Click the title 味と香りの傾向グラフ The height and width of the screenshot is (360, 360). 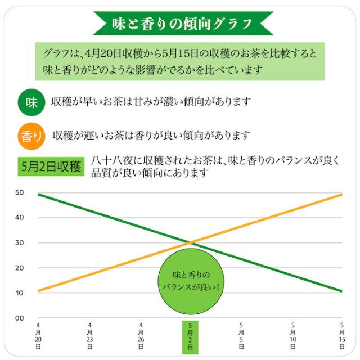point(179,24)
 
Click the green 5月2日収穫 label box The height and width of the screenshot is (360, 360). point(51,167)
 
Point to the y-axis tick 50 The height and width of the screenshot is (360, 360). point(19,192)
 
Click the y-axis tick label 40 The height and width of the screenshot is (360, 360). point(19,218)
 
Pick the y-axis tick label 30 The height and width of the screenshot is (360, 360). point(19,243)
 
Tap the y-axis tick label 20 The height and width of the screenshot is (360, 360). point(19,268)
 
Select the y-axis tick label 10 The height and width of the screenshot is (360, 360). point(19,293)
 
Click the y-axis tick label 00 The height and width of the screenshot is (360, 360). point(19,318)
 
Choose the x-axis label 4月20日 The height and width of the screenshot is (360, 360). point(38,337)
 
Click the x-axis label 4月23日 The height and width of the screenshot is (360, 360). point(90,337)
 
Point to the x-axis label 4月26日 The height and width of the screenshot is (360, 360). point(141,337)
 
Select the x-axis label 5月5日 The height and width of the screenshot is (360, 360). point(242,337)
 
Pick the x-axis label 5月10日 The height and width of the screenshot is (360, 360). point(292,337)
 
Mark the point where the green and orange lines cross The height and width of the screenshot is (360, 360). point(191,242)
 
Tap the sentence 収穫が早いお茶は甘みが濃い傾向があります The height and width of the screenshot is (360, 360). point(150,103)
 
